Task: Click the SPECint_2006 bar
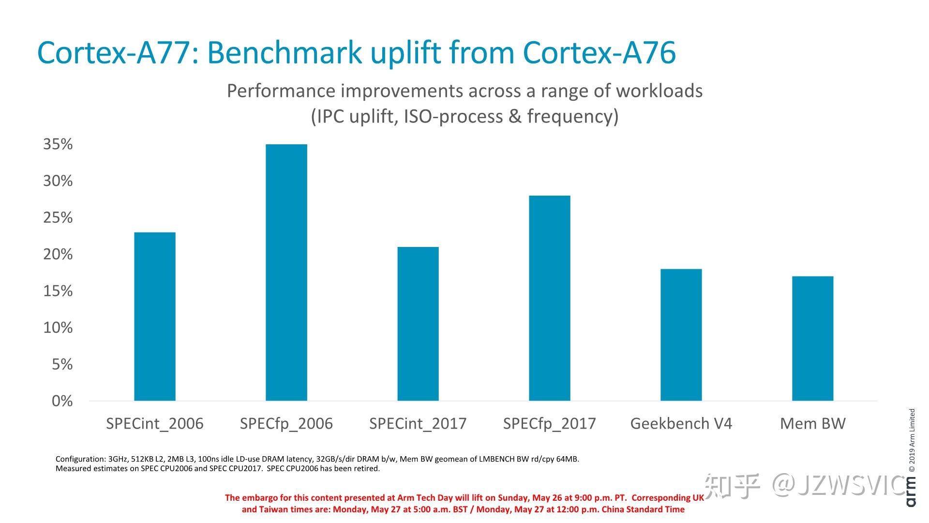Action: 155,317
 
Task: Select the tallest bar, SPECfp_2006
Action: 286,273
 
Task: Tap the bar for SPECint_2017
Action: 418,324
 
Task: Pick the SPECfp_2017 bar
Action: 550,298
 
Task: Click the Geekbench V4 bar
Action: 681,335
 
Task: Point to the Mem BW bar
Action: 813,338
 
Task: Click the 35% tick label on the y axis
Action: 58,144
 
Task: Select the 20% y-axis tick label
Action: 58,254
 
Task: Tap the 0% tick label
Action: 62,401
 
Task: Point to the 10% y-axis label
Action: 58,328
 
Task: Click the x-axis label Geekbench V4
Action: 681,424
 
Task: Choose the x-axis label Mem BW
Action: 813,424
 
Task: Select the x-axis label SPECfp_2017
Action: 550,424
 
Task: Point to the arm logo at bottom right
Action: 911,492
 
